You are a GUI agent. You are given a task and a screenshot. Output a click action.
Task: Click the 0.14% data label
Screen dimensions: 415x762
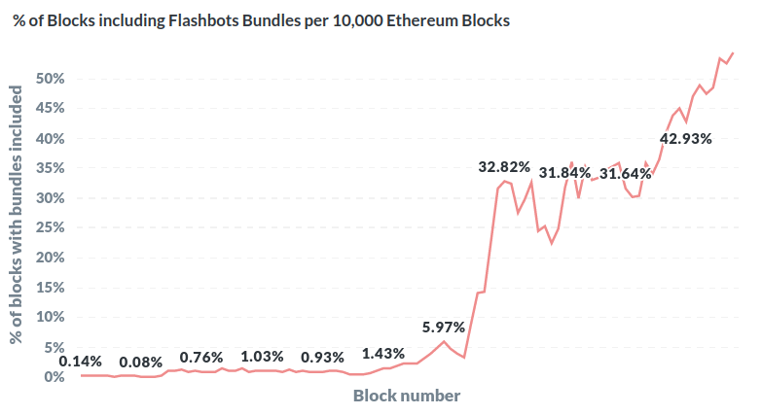(x=81, y=362)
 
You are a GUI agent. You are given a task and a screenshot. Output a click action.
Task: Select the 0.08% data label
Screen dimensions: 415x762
(x=141, y=363)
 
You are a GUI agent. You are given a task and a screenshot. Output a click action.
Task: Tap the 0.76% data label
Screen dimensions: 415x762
(x=201, y=357)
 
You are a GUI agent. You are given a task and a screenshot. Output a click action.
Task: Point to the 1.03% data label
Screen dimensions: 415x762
(x=262, y=357)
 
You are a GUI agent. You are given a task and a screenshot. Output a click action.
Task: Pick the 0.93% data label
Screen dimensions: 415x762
(x=322, y=357)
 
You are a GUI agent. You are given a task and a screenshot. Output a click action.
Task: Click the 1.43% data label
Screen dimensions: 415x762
(x=382, y=353)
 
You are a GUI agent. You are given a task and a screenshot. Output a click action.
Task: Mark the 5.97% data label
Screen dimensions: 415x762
(x=443, y=327)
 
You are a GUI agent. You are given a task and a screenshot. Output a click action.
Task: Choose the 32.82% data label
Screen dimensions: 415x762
(x=504, y=167)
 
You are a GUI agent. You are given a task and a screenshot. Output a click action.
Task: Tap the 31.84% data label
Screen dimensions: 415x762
(x=564, y=173)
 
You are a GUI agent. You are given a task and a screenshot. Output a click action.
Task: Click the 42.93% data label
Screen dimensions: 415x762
(x=686, y=138)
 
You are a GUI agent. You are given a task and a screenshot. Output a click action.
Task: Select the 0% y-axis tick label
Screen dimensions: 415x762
(x=54, y=376)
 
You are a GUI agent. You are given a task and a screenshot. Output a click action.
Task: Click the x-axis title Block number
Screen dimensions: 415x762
(x=406, y=396)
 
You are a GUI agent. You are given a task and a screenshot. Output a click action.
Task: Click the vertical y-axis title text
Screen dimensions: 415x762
(x=17, y=215)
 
